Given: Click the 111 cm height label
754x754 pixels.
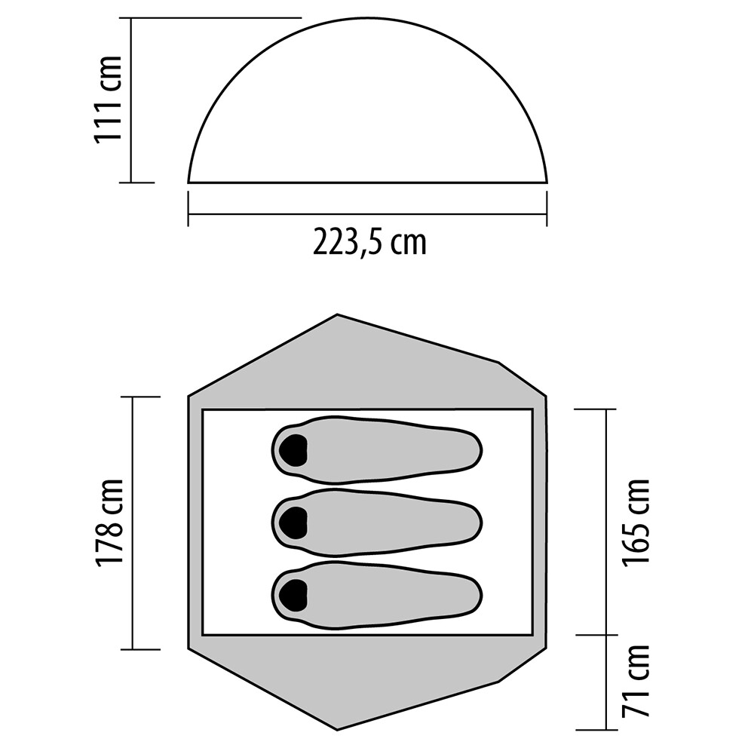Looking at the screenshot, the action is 109,99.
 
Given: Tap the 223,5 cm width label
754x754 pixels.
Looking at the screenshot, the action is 369,242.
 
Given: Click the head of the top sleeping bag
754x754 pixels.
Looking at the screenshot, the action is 293,450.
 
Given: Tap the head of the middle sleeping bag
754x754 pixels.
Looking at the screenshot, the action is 293,523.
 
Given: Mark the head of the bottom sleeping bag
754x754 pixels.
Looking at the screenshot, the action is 293,596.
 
